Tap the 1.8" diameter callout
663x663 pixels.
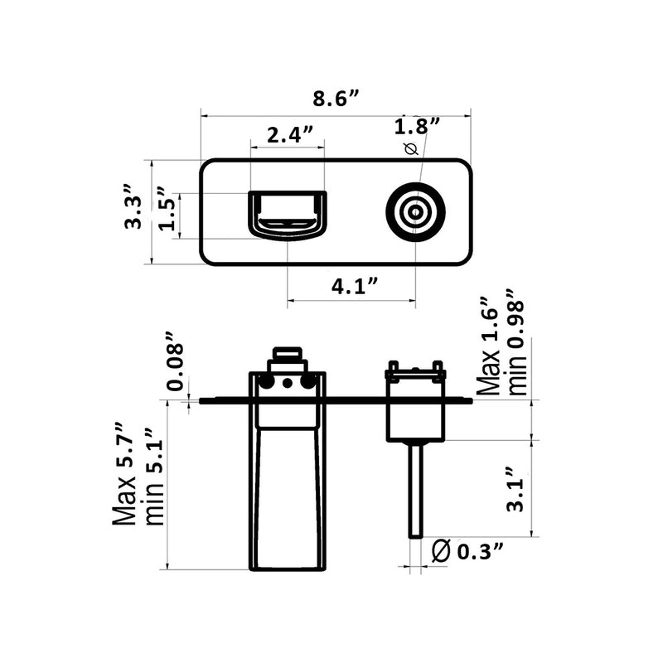click(x=417, y=127)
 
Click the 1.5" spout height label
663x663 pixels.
click(x=166, y=215)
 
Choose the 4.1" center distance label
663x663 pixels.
click(x=356, y=287)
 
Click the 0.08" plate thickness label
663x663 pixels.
click(x=175, y=361)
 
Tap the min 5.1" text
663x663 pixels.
click(x=154, y=477)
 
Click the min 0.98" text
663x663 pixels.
click(x=518, y=341)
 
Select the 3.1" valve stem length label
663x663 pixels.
click(x=515, y=493)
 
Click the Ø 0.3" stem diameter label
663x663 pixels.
click(x=468, y=549)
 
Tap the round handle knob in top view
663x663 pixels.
click(x=415, y=212)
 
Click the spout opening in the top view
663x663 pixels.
click(x=288, y=214)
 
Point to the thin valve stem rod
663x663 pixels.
click(x=416, y=489)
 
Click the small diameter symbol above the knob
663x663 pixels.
click(x=407, y=149)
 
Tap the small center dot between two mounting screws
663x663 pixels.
click(x=288, y=383)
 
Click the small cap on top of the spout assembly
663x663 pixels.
click(x=287, y=353)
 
